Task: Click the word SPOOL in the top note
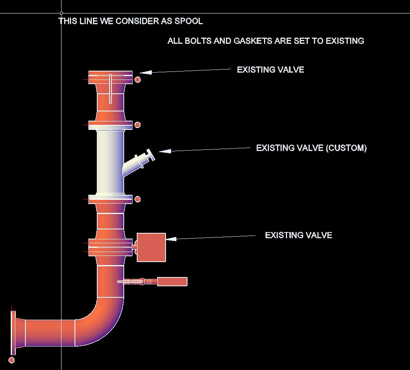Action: (189, 21)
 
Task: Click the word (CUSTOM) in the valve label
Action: (346, 148)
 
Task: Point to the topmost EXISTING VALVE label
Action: (270, 70)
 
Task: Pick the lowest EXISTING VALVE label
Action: (298, 236)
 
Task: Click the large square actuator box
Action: (151, 247)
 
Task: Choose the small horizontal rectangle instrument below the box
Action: (172, 282)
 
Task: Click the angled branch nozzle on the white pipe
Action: (138, 161)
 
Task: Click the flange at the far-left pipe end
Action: (13, 333)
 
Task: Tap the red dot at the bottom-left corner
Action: (12, 360)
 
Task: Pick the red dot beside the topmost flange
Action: (138, 80)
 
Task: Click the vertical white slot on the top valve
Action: (110, 89)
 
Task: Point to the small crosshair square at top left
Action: (61, 13)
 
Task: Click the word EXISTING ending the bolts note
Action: (345, 41)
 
